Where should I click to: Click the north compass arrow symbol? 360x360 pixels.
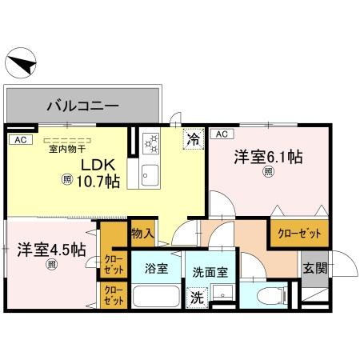tap(22, 64)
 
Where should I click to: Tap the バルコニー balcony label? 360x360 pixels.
tap(82, 105)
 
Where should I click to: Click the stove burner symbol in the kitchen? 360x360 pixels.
tap(151, 143)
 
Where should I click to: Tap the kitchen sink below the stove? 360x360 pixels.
tap(150, 174)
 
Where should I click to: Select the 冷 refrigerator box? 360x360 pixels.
tap(192, 138)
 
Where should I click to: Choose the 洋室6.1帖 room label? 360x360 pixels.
tap(268, 158)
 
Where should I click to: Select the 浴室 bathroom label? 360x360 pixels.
tap(156, 268)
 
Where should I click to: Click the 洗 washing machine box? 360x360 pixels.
tap(196, 298)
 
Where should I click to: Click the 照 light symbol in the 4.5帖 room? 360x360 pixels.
tap(51, 264)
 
